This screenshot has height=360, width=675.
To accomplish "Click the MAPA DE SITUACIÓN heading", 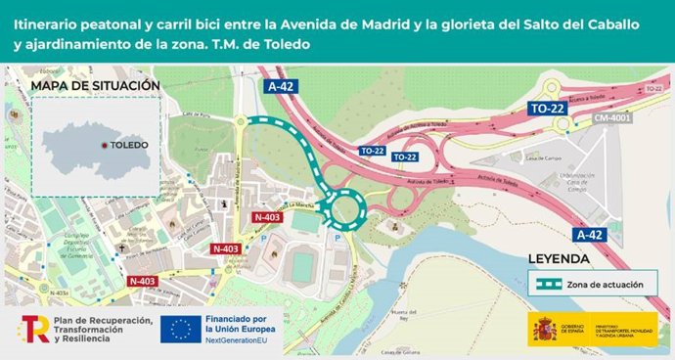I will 95,86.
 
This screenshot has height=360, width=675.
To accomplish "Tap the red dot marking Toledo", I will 105,145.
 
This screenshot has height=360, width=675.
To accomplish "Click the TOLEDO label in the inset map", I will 129,145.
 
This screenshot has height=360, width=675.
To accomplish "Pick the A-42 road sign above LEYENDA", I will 590,235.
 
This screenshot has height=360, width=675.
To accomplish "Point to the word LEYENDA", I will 559,260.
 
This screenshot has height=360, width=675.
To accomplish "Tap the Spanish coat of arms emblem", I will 544,330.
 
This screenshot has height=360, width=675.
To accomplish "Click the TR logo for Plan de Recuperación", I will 35,331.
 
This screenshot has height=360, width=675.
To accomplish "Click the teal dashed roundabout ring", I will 347,207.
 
